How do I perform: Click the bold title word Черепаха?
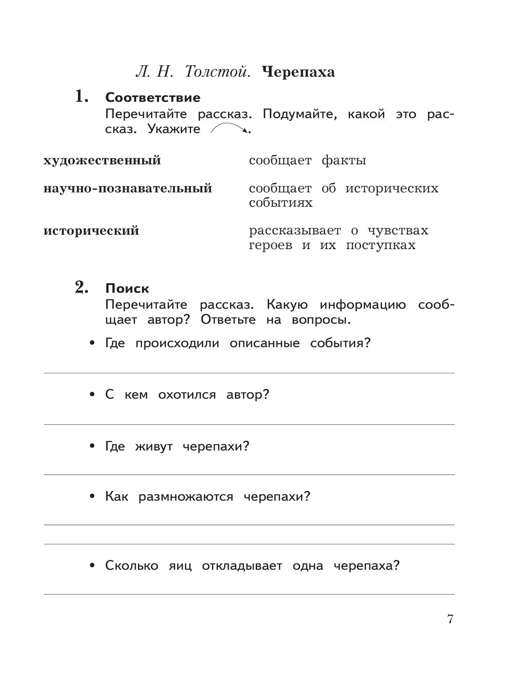(x=298, y=72)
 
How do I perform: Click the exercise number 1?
(x=82, y=97)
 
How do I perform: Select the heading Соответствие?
(x=153, y=98)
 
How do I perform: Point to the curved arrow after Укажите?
(x=229, y=128)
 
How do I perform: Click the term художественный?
(x=102, y=161)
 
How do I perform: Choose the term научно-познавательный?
(x=128, y=188)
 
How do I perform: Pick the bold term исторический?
(x=91, y=231)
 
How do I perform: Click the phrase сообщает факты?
(x=307, y=161)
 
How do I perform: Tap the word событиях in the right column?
(x=280, y=203)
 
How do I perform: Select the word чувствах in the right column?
(x=398, y=231)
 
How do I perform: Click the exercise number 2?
(x=82, y=287)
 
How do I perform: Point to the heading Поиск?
(x=127, y=289)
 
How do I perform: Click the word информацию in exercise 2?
(x=363, y=305)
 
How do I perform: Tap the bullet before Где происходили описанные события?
(x=92, y=343)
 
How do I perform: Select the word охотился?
(x=187, y=394)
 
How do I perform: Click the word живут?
(x=154, y=446)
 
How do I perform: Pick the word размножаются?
(x=186, y=497)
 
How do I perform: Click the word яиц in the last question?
(x=180, y=566)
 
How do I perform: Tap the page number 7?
(x=450, y=619)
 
